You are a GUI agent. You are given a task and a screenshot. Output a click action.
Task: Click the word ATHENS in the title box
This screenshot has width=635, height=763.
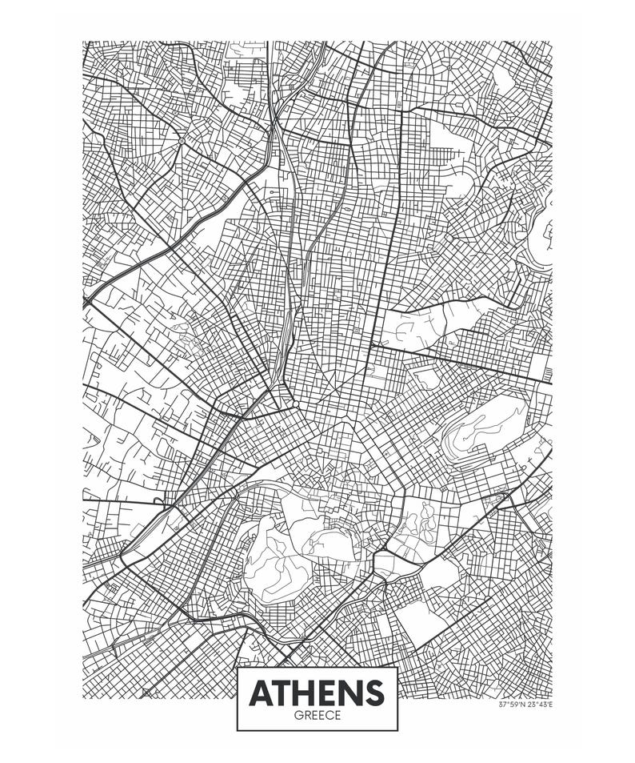pyautogui.click(x=317, y=693)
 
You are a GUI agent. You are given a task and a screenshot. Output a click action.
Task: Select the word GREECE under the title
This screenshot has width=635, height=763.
pyautogui.click(x=317, y=716)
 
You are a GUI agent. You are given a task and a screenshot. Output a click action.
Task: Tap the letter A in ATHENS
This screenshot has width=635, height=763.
pyautogui.click(x=261, y=693)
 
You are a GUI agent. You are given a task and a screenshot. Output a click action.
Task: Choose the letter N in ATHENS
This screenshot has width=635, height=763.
pyautogui.click(x=350, y=693)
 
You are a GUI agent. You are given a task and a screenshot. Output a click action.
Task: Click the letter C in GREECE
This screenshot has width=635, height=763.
pyautogui.click(x=329, y=716)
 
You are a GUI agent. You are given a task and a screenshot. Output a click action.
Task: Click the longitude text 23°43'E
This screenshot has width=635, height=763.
pyautogui.click(x=539, y=705)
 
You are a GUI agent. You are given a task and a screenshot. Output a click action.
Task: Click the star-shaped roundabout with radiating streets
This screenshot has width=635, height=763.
pyautogui.click(x=182, y=142)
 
